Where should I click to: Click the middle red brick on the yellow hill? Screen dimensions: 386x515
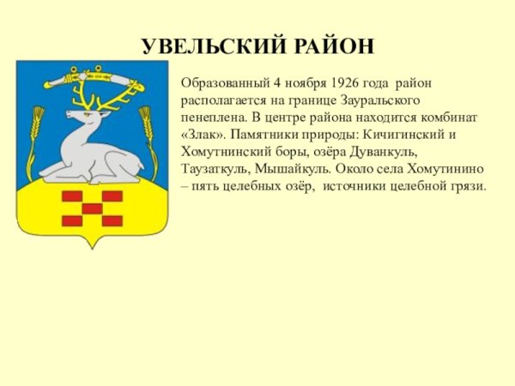click(92, 208)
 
